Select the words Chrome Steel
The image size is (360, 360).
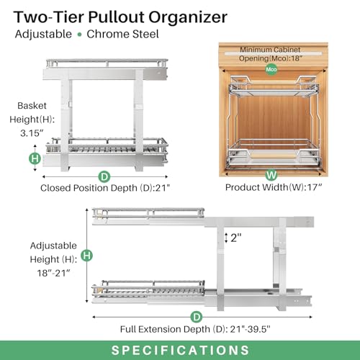121,34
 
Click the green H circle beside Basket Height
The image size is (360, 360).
33,158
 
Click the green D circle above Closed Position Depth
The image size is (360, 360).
104,175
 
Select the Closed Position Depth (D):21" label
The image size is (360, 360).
104,189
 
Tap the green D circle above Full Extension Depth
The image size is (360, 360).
196,316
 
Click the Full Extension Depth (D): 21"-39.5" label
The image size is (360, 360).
196,330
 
